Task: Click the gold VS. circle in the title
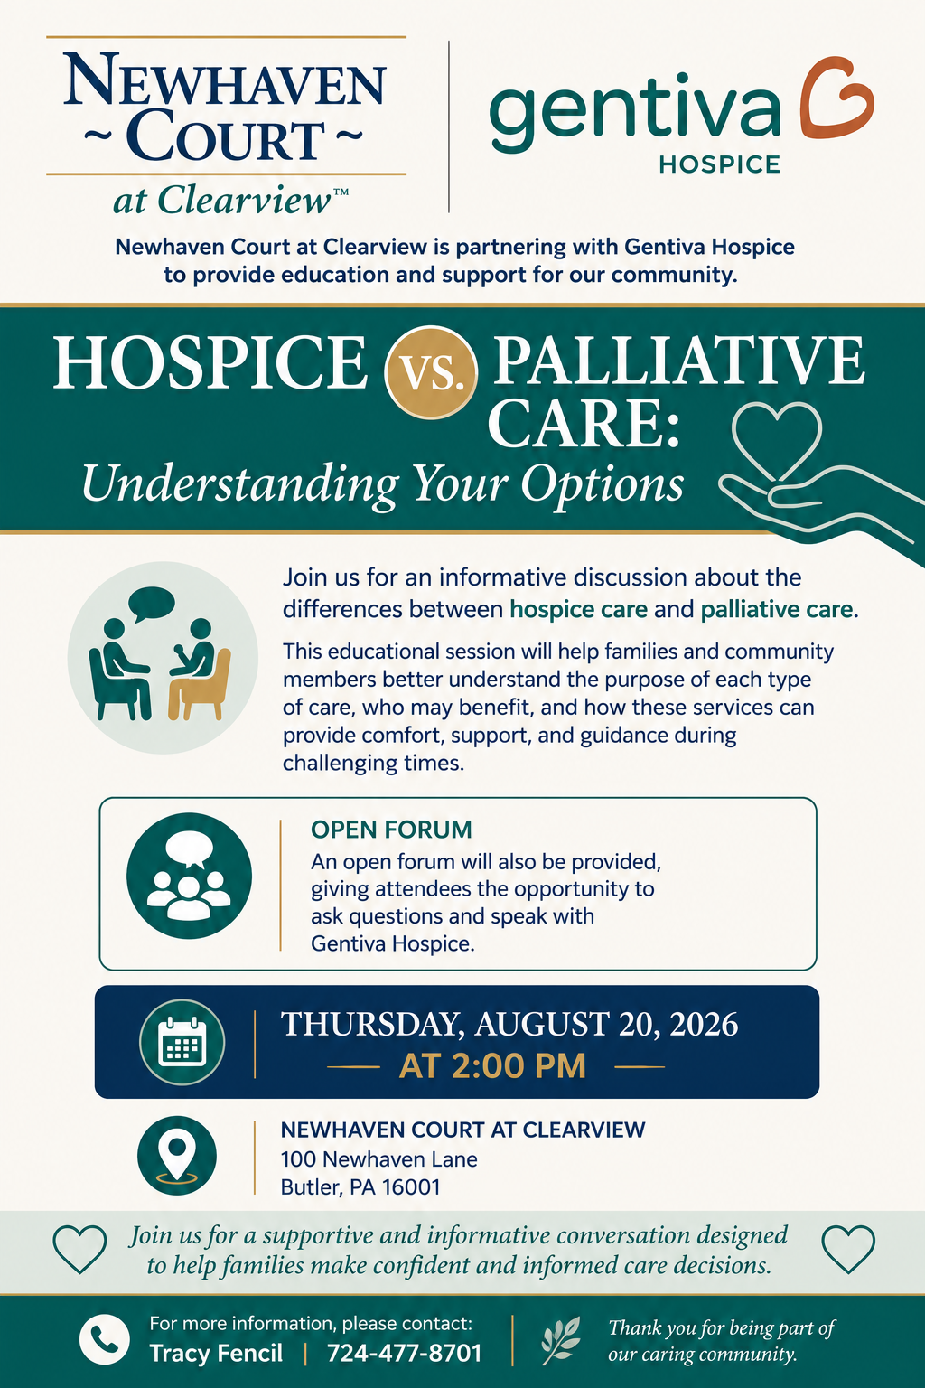431,371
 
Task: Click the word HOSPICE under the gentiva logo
719,164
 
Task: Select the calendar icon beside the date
182,1042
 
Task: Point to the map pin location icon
176,1155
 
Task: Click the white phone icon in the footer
105,1339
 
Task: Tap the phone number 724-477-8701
404,1354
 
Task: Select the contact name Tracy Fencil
216,1354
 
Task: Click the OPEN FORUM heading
391,829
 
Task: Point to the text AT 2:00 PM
492,1066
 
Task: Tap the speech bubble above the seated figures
151,603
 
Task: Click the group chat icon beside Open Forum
189,876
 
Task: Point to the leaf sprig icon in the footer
561,1340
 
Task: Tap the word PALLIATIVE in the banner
678,361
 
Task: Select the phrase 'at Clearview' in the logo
222,200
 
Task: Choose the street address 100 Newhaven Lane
379,1159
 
